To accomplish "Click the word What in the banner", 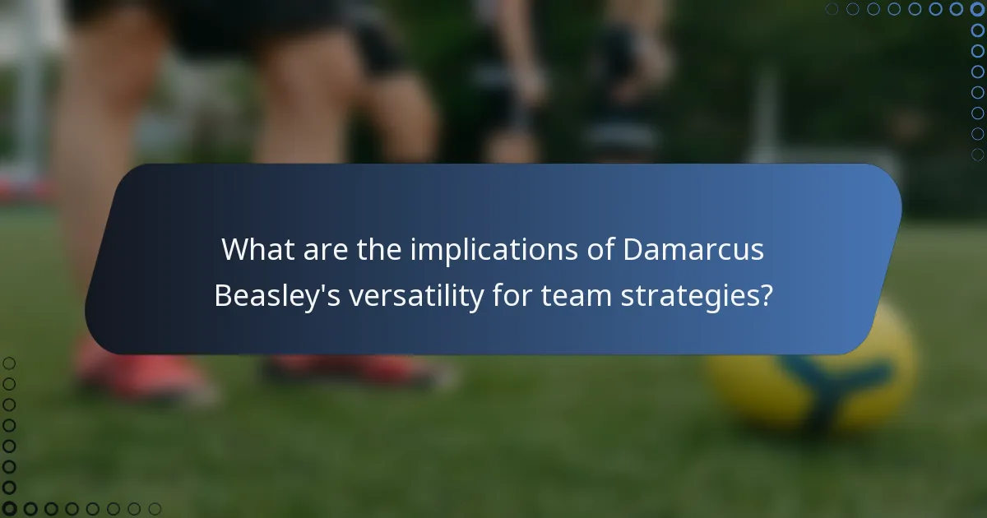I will [x=256, y=250].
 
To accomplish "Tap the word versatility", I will [x=415, y=296].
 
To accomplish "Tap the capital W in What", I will [x=233, y=250].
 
